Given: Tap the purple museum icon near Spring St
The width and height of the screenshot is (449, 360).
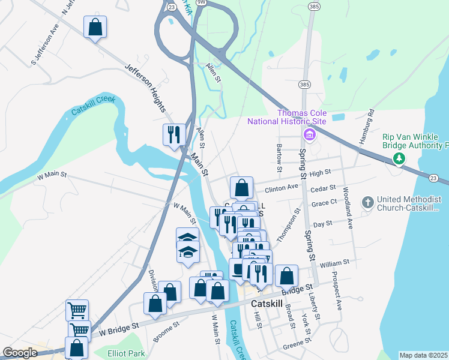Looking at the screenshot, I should pos(309,134).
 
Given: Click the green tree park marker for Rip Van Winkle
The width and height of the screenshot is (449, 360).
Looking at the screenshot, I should pos(397,158).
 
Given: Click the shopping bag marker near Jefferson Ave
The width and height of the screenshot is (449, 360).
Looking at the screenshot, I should pos(95,27).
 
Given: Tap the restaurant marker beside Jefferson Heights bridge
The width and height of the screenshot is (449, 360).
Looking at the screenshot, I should pos(174,134).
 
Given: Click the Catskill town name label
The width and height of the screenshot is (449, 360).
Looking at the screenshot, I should pos(266,304).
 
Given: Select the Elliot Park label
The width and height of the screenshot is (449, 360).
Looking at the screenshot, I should pos(127,353).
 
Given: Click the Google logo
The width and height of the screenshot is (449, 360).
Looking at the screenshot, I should pos(20,353).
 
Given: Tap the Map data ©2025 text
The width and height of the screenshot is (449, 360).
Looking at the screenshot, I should pos(423,355).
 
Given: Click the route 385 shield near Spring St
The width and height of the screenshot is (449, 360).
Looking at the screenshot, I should pos(305,84).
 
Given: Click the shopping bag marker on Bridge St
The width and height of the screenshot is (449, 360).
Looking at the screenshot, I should pos(287,276).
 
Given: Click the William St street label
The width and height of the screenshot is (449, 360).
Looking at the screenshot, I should pos(334,263).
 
